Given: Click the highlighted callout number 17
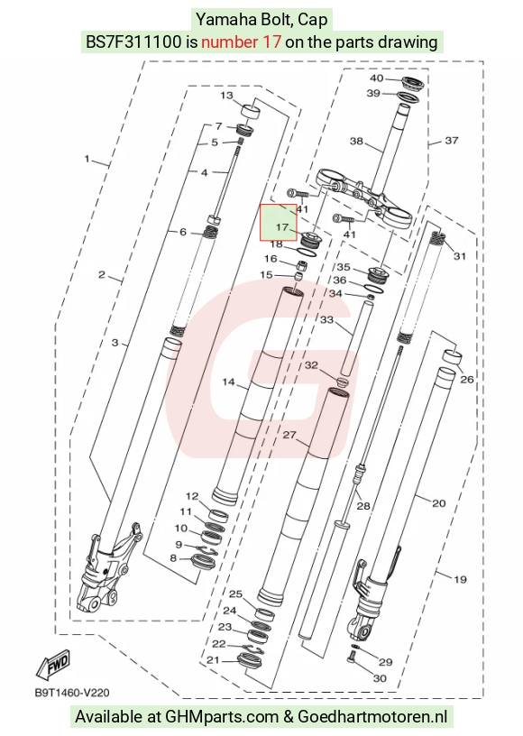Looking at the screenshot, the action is point(282,227).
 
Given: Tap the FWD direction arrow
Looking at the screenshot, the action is point(53,665).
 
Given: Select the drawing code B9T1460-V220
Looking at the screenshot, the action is point(72,693).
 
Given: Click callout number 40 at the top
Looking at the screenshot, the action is point(377,78).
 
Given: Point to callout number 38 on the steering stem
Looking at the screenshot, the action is point(356,141).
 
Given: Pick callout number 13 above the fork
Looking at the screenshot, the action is point(226,96).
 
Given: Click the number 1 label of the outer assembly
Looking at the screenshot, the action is point(87,159).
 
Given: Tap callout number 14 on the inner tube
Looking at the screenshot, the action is point(228,382).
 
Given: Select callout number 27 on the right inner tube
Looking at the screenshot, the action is point(289,435).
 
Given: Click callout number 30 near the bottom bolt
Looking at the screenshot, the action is point(380,678).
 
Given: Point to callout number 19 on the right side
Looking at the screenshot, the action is point(460,579).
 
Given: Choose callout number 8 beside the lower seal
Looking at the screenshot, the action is point(173,558).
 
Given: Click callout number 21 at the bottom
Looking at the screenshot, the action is point(213,660).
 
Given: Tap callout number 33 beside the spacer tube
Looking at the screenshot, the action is point(326,319).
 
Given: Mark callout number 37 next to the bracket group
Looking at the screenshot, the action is point(451,141).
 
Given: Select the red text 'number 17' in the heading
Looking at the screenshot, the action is point(241,42).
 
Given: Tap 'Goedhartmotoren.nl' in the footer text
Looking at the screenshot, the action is point(372,717).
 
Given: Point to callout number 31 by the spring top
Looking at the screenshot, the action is point(460,256).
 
